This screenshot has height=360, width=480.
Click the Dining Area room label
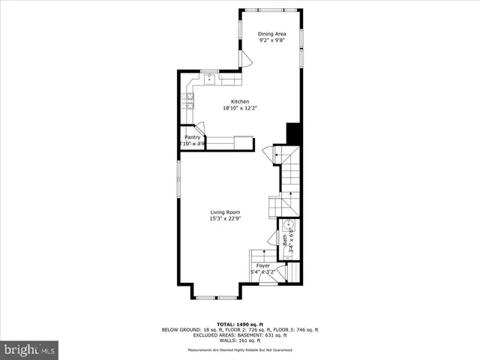click(271, 34)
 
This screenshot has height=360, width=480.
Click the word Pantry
click(192, 137)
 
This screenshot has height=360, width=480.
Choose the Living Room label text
click(224, 212)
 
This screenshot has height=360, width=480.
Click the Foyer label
click(262, 265)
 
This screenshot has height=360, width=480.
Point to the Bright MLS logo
click(30, 349)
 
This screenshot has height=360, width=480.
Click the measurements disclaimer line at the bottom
click(240, 351)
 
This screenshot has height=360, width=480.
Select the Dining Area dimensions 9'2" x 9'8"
click(271, 40)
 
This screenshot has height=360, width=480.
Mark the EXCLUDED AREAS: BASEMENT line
click(240, 334)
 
